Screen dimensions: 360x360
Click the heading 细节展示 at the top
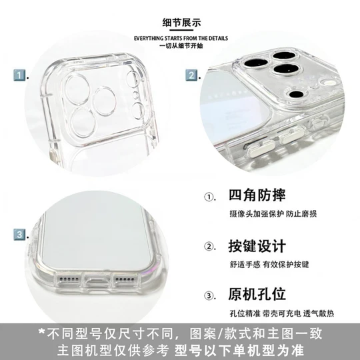pyautogui.click(x=181, y=23)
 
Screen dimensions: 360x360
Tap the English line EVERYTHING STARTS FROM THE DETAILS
pyautogui.click(x=181, y=38)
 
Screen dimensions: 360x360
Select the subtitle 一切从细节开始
pyautogui.click(x=181, y=45)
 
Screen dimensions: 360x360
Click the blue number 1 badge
pyautogui.click(x=19, y=75)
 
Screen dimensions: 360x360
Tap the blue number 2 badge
pyautogui.click(x=191, y=75)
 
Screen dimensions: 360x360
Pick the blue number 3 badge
pyautogui.click(x=19, y=235)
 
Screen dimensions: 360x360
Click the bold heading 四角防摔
pyautogui.click(x=257, y=195)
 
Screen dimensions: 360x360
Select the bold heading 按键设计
pyautogui.click(x=257, y=246)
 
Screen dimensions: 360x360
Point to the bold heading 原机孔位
pyautogui.click(x=257, y=294)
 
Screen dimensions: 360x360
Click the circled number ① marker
pyautogui.click(x=209, y=197)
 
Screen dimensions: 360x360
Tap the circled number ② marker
pyautogui.click(x=209, y=247)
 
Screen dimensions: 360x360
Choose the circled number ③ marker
pyautogui.click(x=209, y=295)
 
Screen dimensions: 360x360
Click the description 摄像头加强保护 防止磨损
pyautogui.click(x=273, y=214)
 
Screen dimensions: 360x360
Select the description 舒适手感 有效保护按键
pyautogui.click(x=269, y=265)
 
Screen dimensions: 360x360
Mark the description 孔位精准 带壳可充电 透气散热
pyautogui.click(x=282, y=313)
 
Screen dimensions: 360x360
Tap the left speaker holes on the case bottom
pyautogui.click(x=69, y=279)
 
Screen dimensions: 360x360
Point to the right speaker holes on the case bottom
pyautogui.click(x=125, y=279)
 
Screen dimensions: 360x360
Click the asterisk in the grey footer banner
pyautogui.click(x=41, y=332)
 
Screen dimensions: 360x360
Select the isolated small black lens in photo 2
pyautogui.click(x=297, y=94)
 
